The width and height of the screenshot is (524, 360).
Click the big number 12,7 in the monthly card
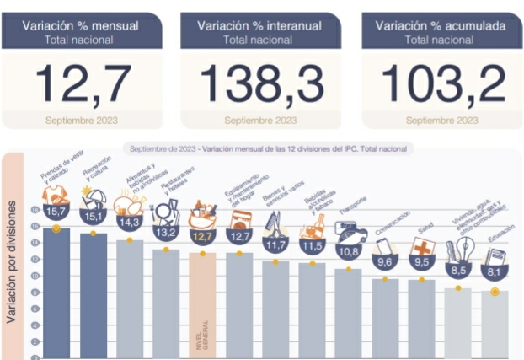(x=83, y=83)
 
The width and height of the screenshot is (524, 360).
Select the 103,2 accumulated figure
(x=443, y=83)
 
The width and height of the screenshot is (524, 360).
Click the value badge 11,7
(x=275, y=245)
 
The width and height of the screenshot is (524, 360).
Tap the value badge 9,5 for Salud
(x=421, y=263)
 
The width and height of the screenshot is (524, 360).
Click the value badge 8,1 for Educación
(x=495, y=273)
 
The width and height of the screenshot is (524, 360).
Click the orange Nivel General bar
(x=202, y=304)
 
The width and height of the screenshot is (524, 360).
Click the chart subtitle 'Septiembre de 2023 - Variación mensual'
(x=268, y=148)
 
